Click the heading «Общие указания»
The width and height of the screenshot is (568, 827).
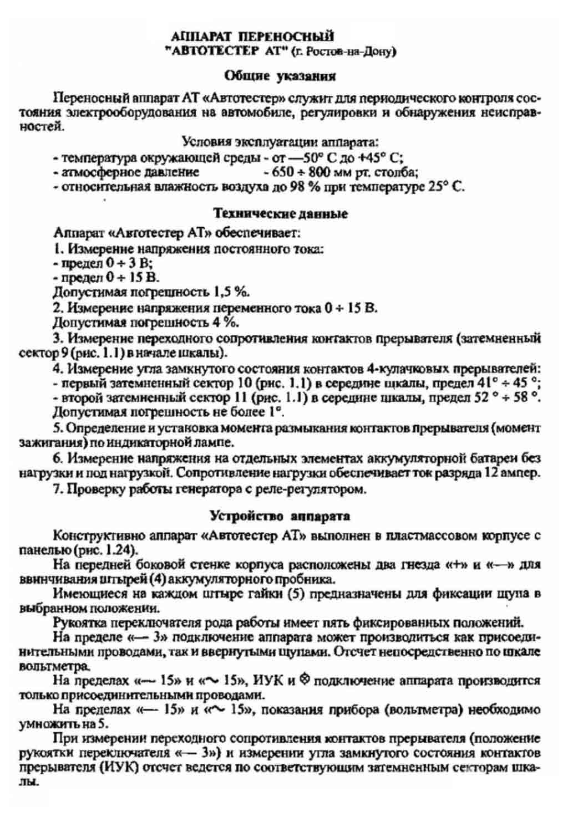(x=280, y=76)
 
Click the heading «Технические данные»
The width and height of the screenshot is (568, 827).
(x=281, y=213)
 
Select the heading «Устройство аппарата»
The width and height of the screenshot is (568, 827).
(x=280, y=516)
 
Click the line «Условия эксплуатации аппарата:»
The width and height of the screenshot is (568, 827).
(x=281, y=142)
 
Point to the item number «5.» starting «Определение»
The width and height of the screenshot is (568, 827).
(x=58, y=428)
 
